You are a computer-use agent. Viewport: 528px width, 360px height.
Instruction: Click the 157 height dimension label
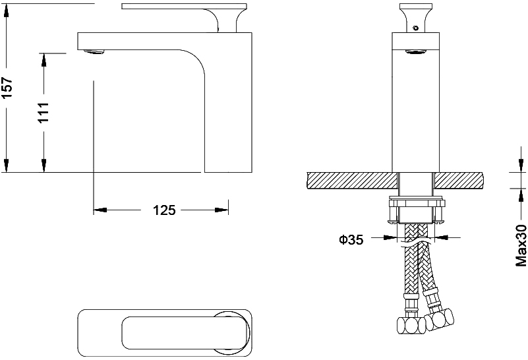(x=7, y=88)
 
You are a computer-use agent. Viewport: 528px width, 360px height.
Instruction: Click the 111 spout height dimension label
(x=44, y=113)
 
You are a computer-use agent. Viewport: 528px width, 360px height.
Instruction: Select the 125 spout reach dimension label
(x=164, y=210)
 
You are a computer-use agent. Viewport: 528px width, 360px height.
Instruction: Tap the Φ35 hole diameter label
(x=351, y=240)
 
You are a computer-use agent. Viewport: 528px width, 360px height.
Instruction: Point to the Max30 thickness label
(x=521, y=241)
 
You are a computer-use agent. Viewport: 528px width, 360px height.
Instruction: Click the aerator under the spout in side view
(x=94, y=52)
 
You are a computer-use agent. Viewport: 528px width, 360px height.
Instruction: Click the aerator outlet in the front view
(x=416, y=51)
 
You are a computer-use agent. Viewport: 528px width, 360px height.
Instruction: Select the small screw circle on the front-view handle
(x=416, y=28)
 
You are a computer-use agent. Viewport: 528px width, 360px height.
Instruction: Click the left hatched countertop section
(x=352, y=181)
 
